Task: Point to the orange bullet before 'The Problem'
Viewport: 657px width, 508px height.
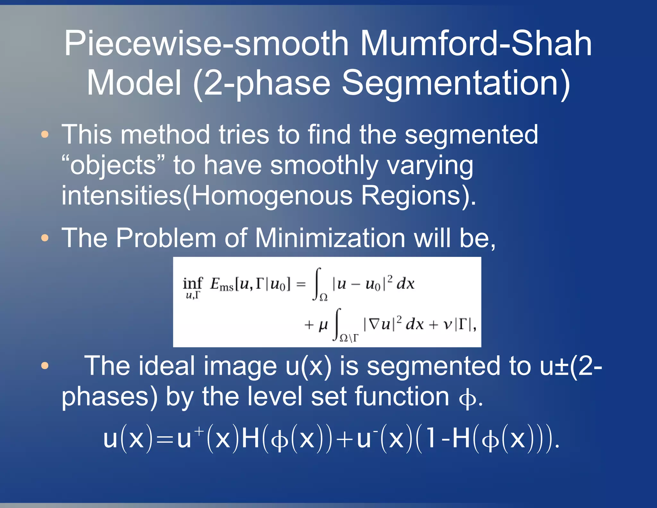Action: click(45, 238)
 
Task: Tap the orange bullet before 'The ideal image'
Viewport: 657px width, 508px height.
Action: click(45, 365)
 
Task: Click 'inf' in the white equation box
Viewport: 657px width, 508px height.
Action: click(192, 284)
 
